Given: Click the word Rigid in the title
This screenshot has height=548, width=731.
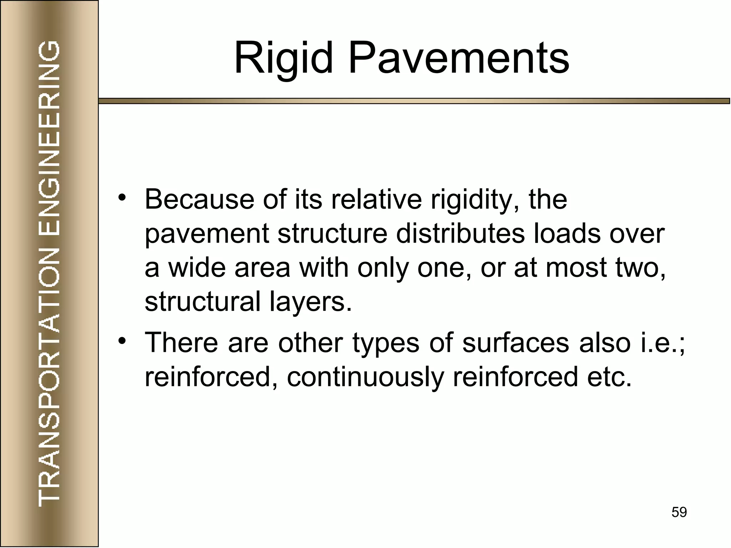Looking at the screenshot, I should (283, 58).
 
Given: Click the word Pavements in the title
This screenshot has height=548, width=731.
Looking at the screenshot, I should (459, 58).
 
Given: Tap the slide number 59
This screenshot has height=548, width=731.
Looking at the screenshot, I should (679, 512).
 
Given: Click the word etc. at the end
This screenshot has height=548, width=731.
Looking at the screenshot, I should (609, 377).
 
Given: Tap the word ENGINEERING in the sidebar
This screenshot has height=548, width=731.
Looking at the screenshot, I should (49, 138).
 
